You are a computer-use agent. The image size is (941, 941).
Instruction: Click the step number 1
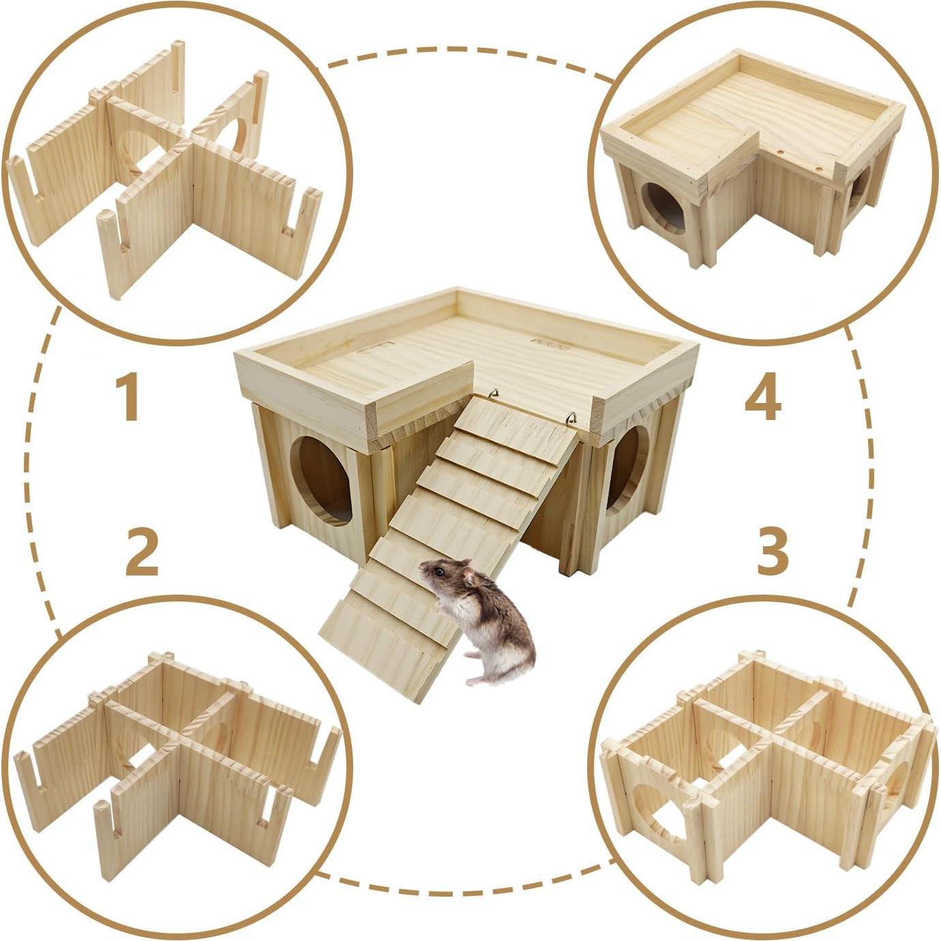128,399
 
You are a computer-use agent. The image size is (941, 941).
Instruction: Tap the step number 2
142,553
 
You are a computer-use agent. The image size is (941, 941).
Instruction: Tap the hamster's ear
468,577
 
